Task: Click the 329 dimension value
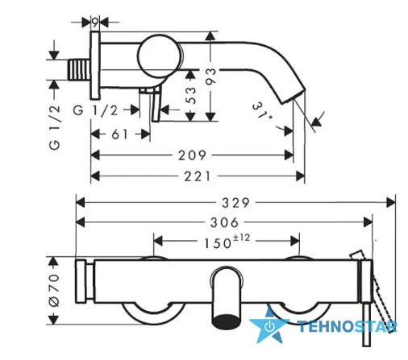[235, 203]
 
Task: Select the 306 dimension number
[224, 222]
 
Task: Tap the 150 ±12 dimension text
[227, 242]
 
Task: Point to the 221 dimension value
[198, 176]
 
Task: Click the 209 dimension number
[192, 155]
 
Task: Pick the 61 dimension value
[120, 134]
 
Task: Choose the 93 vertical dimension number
[210, 77]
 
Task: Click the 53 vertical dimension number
[191, 95]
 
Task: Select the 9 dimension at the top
[95, 23]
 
